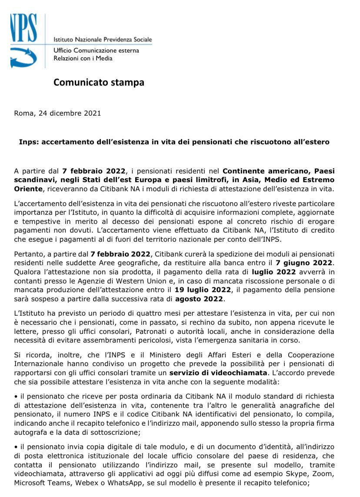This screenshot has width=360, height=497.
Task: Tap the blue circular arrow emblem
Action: [23, 57]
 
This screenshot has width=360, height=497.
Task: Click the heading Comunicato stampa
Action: [99, 82]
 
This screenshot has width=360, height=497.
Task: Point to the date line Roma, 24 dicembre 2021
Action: [57, 113]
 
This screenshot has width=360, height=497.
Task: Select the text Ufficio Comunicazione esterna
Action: [96, 50]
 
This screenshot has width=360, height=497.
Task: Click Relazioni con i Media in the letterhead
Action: [83, 58]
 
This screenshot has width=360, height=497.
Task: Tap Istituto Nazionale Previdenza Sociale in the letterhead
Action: [103, 40]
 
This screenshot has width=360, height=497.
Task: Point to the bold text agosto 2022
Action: [199, 299]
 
